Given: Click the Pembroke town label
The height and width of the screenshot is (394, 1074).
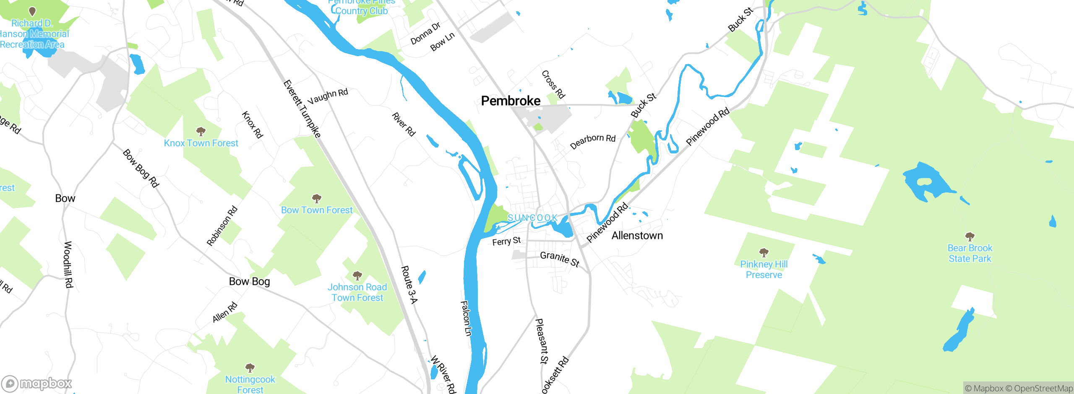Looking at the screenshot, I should coord(511,101).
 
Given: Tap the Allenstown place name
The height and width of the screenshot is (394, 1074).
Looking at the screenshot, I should coord(637,236).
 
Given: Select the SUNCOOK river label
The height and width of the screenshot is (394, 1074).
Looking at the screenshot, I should coord(532,218).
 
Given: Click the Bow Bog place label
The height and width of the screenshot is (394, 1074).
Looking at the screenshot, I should coord(249,282).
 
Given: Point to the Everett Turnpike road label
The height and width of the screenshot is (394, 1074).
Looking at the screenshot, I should coord(302,109).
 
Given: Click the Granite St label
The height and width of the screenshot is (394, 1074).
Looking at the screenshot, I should coord(560,259).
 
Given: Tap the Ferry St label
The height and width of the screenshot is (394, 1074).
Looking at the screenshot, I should coord(506,241).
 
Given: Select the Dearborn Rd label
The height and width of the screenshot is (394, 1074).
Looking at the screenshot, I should coord(592,141).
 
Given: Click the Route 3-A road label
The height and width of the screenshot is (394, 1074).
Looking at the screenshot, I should coord(409,284).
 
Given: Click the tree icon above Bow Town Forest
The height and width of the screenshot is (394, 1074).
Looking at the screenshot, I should coord(317,198).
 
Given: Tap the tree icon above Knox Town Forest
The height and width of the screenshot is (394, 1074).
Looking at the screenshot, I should coord(201,132).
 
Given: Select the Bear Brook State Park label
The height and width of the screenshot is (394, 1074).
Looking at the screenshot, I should coord(970,253).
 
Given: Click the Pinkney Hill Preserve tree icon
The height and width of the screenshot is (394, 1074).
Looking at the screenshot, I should coord(764,252).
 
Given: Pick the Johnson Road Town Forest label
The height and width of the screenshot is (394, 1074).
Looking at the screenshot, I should coord(357,292).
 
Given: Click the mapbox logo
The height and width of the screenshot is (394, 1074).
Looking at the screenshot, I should coord(37,383).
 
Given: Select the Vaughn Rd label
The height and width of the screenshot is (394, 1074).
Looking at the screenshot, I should coord(328,96).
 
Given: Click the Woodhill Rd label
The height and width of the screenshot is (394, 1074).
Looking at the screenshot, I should coord(68,264).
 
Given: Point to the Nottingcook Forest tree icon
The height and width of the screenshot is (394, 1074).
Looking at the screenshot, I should coord(250,368).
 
